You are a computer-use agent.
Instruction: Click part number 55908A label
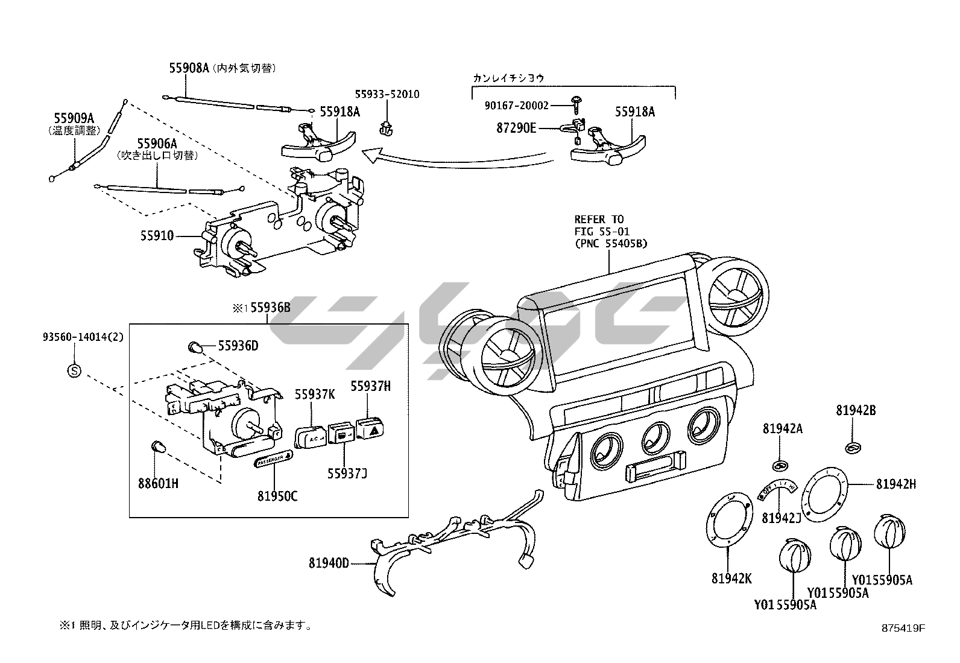[x=189, y=69]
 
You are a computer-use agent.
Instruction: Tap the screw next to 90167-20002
[x=576, y=106]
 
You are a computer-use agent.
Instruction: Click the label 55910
[x=157, y=236]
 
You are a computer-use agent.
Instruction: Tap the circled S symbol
[x=74, y=370]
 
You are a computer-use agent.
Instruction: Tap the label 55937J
[x=347, y=472]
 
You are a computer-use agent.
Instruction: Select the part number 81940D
[x=329, y=563]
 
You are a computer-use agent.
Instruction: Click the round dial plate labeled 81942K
[x=729, y=521]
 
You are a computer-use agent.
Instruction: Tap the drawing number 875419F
[x=903, y=628]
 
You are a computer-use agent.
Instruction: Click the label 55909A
[x=74, y=118]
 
